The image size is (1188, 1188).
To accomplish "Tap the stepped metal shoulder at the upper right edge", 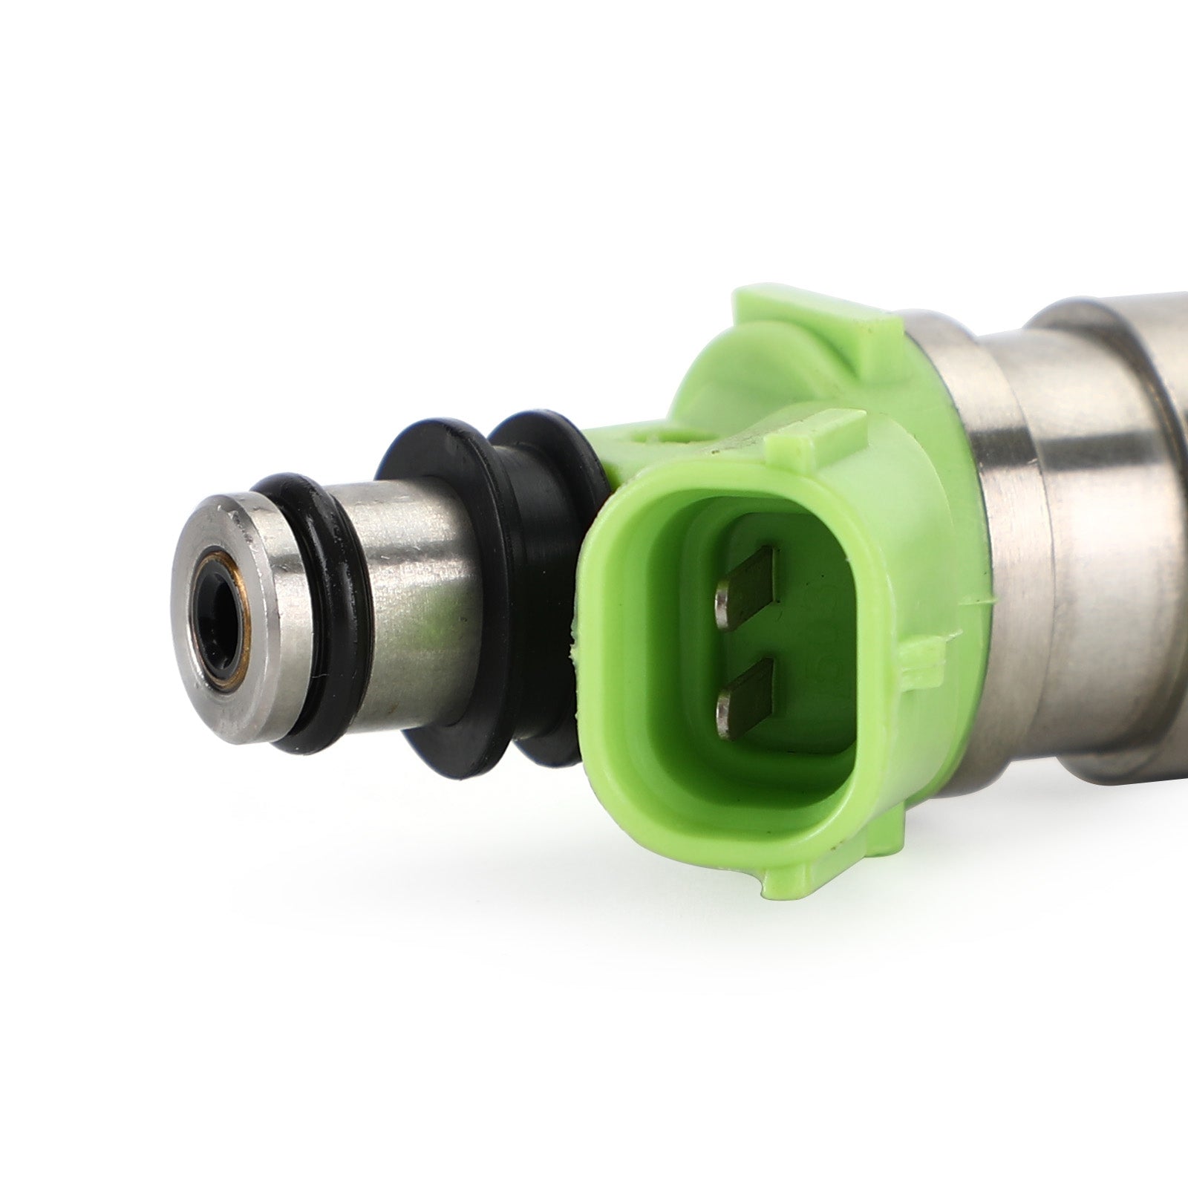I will (x=1069, y=312).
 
